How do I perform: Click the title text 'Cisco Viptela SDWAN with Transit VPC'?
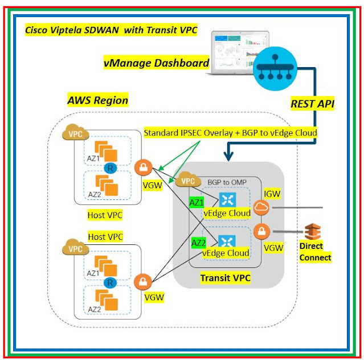pyautogui.click(x=111, y=29)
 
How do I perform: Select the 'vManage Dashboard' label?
pyautogui.click(x=157, y=63)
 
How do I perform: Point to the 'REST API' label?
pyautogui.click(x=312, y=104)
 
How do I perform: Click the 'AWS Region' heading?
pyautogui.click(x=97, y=100)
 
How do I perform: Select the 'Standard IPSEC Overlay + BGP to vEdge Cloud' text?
pyautogui.click(x=230, y=133)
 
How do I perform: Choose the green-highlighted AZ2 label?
pyautogui.click(x=198, y=242)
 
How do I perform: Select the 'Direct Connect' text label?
pyautogui.click(x=315, y=252)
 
